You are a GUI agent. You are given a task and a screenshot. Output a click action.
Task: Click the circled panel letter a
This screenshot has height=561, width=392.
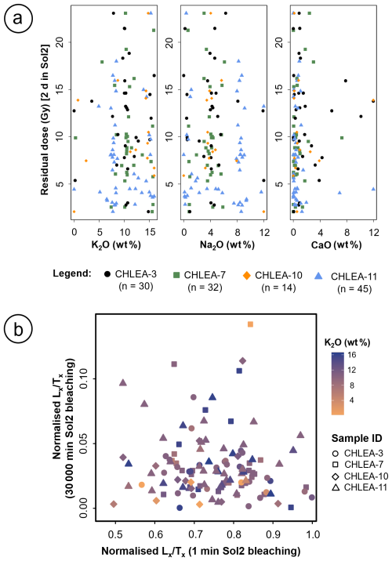click(18, 17)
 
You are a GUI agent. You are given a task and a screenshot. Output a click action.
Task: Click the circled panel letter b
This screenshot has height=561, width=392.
click(18, 329)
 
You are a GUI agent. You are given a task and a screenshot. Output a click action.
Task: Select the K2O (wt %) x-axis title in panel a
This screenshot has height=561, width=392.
click(111, 245)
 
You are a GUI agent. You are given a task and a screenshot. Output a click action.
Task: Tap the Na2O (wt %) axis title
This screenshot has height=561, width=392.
click(227, 245)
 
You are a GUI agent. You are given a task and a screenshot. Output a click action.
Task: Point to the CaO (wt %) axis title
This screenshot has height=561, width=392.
click(336, 244)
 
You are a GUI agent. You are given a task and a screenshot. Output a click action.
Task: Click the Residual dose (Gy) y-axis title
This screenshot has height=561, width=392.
click(45, 120)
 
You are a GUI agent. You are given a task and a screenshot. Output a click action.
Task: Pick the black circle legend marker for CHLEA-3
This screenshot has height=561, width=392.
click(107, 274)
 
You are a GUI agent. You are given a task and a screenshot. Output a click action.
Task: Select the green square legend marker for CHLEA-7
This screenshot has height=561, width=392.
click(176, 275)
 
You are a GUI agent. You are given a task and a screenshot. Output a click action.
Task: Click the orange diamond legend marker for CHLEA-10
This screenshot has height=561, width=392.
click(247, 275)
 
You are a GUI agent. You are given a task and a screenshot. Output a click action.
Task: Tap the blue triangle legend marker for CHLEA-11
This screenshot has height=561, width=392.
click(318, 276)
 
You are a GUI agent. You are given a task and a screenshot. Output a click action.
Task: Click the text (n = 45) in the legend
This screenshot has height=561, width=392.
click(354, 288)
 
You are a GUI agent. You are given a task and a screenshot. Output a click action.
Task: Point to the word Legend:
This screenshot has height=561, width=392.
click(72, 273)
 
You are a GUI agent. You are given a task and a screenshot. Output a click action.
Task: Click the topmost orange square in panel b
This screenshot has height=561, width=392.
click(250, 324)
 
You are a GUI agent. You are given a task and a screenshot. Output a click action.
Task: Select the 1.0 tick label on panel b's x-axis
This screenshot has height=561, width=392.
click(313, 534)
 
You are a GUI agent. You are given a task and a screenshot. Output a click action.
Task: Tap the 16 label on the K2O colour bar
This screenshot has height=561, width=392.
click(351, 355)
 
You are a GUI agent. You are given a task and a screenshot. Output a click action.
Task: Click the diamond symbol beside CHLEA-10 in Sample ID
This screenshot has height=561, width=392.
click(336, 476)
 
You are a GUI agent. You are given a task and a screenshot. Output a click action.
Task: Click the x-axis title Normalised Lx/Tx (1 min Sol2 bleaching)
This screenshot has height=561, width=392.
click(201, 551)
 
